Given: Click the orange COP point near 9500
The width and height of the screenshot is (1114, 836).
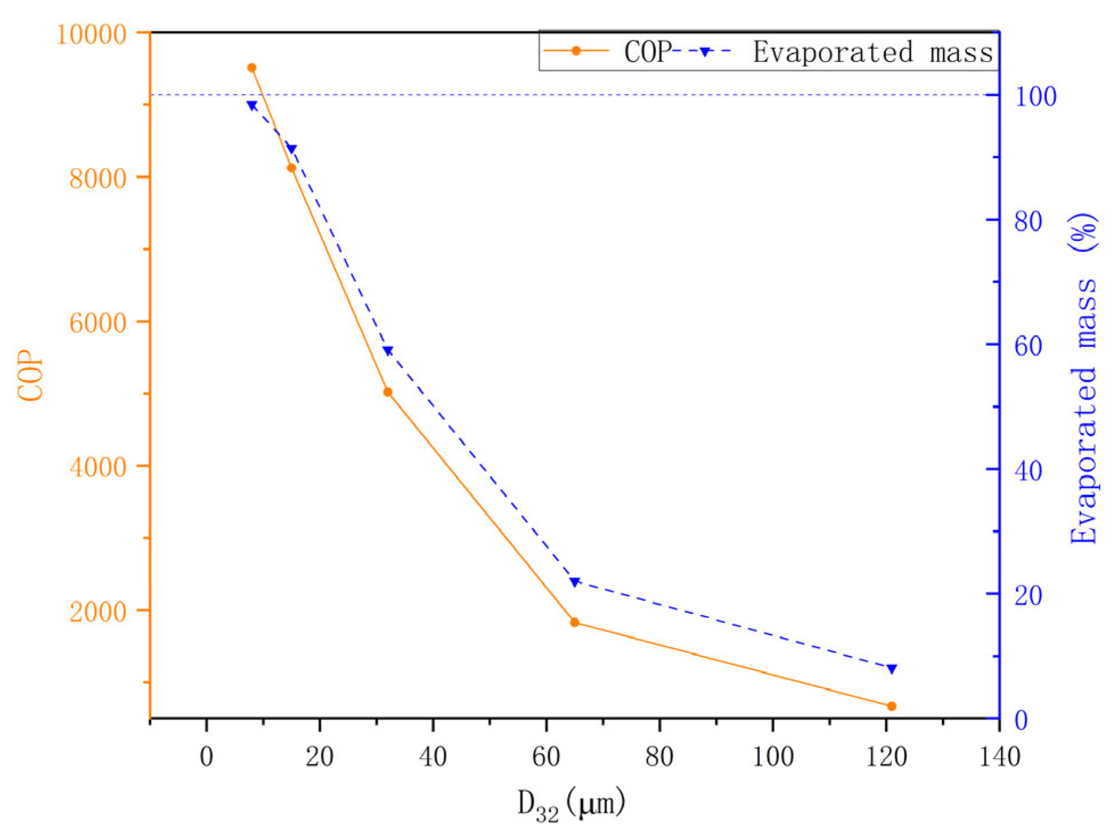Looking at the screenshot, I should tap(252, 68).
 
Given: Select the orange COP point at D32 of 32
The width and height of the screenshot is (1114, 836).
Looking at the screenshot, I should tap(388, 392).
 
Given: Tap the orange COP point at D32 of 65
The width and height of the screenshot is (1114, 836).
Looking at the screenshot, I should tap(575, 622).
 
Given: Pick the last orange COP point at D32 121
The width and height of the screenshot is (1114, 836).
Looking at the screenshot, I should tap(892, 706).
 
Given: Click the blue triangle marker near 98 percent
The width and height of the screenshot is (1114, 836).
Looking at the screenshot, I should tap(252, 105).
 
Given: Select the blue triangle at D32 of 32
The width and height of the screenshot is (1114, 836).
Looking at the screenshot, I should tap(388, 351).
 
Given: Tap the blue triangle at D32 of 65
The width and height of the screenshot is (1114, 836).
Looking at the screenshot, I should tap(575, 582).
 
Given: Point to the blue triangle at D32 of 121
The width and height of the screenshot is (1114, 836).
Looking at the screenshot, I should tap(892, 669).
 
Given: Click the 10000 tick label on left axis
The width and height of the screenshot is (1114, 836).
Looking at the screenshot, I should tap(91, 34).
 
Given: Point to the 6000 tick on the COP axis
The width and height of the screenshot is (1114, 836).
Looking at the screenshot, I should tap(97, 323).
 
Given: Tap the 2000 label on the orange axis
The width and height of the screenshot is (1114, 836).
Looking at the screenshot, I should tap(97, 612).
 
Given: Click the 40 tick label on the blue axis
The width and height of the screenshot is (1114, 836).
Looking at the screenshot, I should tap(1029, 471).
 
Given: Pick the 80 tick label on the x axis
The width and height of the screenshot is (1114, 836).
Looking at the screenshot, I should tap(659, 757).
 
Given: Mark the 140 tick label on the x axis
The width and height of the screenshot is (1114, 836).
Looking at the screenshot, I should tap(999, 757).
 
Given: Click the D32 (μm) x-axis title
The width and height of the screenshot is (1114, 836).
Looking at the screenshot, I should tap(571, 804).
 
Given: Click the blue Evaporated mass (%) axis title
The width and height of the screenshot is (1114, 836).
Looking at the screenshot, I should tap(1084, 378).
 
